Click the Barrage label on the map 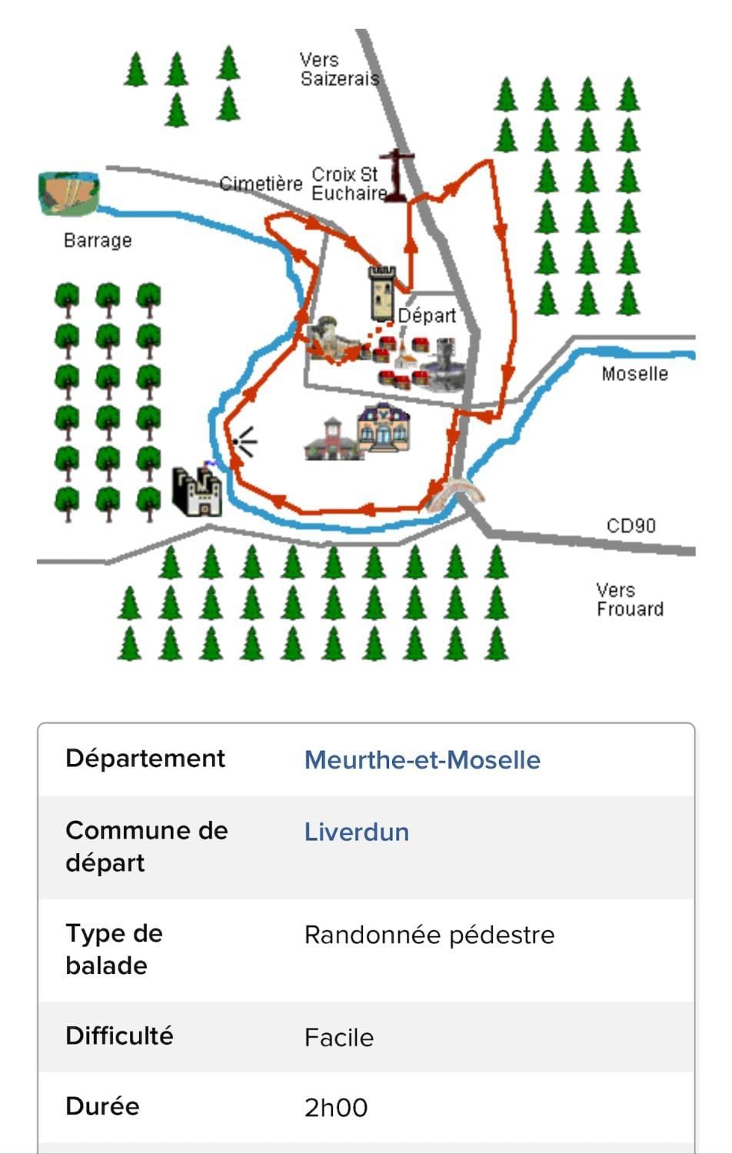(x=98, y=241)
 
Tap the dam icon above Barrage (x=69, y=193)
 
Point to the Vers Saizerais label (x=340, y=69)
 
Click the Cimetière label (x=261, y=183)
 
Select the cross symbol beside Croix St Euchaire (x=397, y=175)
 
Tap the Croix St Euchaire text (x=350, y=184)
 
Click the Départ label (x=428, y=315)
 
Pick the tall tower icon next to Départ (x=382, y=294)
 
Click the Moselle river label (x=634, y=373)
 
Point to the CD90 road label (x=631, y=525)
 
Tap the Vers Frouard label (x=630, y=599)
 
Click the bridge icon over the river (x=454, y=493)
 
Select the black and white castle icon (x=197, y=492)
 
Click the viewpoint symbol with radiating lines (x=244, y=442)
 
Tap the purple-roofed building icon (x=384, y=428)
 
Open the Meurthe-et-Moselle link (x=422, y=760)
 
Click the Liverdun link (x=357, y=832)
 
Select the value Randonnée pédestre (x=429, y=935)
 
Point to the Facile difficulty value (x=339, y=1038)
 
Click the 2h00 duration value (x=336, y=1108)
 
